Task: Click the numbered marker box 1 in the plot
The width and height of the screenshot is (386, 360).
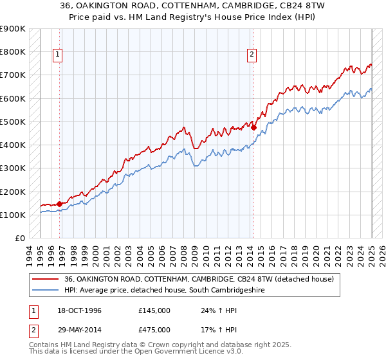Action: (58, 55)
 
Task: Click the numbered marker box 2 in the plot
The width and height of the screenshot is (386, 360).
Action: (252, 55)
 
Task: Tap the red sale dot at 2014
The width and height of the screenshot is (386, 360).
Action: (253, 127)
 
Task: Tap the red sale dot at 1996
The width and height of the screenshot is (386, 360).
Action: (60, 204)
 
